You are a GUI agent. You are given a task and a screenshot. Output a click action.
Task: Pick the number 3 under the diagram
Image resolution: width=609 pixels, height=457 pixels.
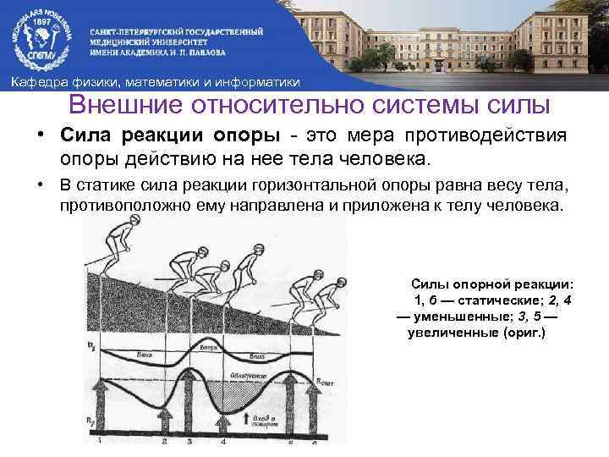pyautogui.click(x=189, y=442)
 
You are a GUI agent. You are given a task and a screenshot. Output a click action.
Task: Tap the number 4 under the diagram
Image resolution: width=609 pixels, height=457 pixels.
pyautogui.click(x=223, y=442)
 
